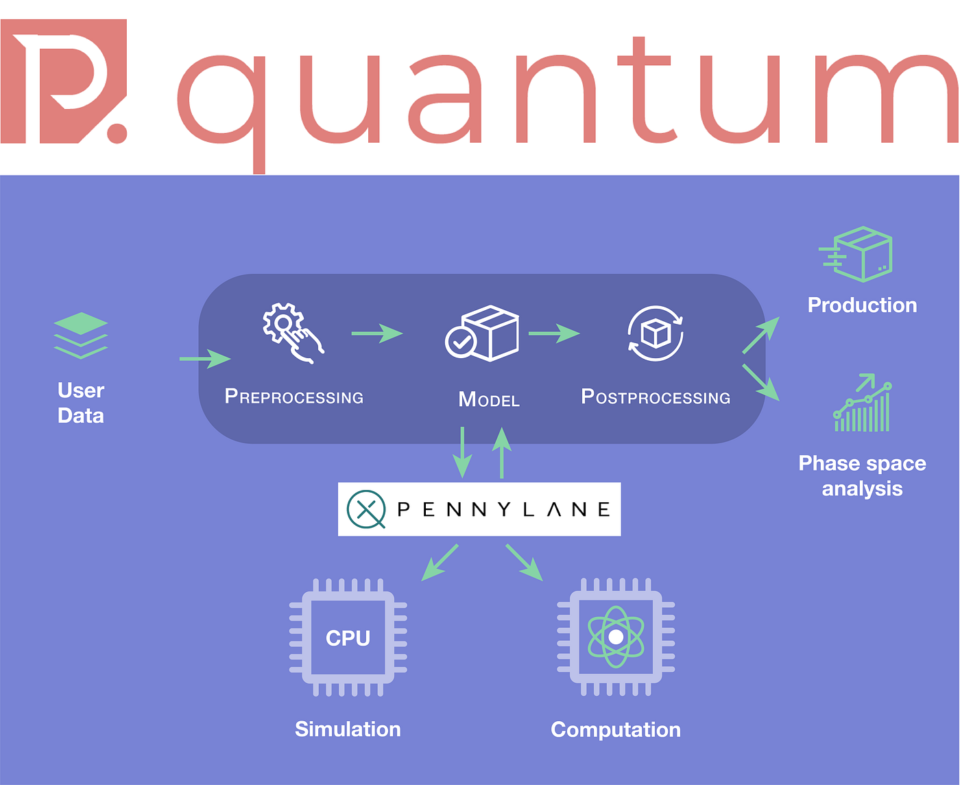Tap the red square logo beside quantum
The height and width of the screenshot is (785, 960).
(63, 81)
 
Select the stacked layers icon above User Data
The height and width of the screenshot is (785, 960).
(81, 336)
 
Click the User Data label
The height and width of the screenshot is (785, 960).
(81, 403)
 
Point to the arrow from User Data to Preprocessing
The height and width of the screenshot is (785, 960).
(204, 358)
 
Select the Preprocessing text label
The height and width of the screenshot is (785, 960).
(294, 397)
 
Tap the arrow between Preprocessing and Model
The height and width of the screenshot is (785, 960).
(376, 333)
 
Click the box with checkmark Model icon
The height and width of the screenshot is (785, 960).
(483, 333)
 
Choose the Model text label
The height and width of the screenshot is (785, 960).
(489, 399)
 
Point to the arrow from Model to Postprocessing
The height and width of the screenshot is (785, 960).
(553, 333)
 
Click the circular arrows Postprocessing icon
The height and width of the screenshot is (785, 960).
(656, 333)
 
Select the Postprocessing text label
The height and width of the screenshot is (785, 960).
(656, 397)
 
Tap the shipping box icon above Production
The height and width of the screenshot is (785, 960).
(857, 254)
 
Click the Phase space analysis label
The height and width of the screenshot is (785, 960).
(862, 476)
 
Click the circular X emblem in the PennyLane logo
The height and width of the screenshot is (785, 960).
(367, 510)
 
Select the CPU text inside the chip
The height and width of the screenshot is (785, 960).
(348, 638)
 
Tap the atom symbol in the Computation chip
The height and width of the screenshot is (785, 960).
(616, 637)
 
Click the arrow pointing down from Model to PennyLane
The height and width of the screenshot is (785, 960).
(463, 452)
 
